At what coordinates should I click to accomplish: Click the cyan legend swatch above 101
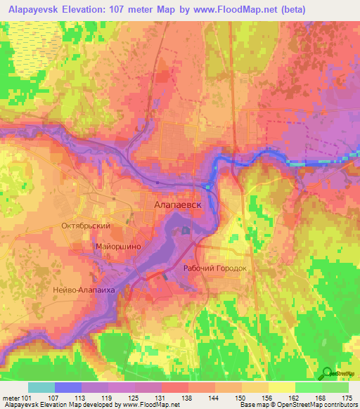click(41, 387)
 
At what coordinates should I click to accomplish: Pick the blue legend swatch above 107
click(68, 387)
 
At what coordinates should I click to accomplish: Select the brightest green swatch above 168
click(307, 387)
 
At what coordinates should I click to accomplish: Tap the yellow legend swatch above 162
click(281, 387)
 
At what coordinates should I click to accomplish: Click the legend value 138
click(173, 397)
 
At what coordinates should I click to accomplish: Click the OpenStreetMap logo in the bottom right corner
click(337, 372)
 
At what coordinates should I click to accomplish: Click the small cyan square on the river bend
click(207, 186)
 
